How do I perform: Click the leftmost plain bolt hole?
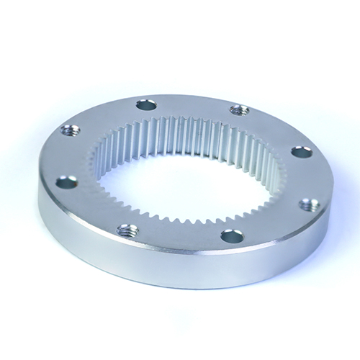(x=66, y=182)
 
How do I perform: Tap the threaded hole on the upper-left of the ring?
(x=71, y=130)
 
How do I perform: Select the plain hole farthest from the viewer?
(x=146, y=105)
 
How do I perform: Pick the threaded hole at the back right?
(x=239, y=110)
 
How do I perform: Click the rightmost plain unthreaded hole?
(x=302, y=152)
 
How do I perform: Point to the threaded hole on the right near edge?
(x=308, y=204)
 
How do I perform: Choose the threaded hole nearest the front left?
(x=128, y=230)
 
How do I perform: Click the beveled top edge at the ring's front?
(x=180, y=253)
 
